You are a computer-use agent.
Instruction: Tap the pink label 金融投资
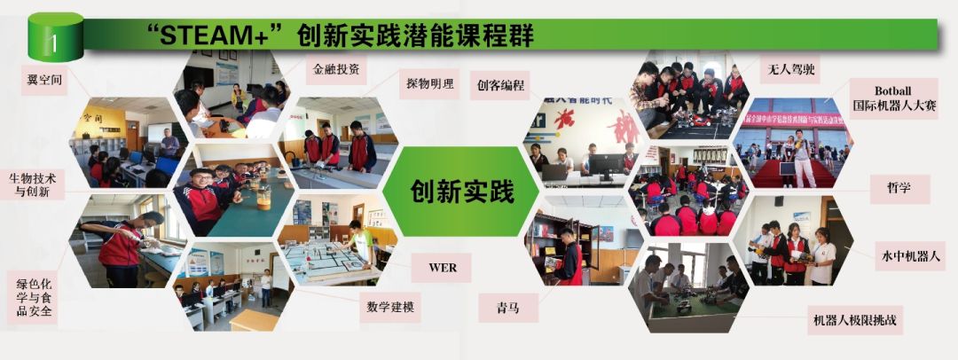pos(335,68)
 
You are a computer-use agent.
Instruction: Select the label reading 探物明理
pos(429,84)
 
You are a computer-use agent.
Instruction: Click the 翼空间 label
pos(43,79)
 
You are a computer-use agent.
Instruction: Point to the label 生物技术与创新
pos(32,184)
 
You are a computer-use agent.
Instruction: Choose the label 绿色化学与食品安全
pos(34,298)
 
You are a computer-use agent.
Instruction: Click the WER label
pos(441,268)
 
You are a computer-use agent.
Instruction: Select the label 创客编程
pos(500,85)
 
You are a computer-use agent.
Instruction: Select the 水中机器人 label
pos(909,256)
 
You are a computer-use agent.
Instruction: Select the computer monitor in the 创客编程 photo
pos(608,165)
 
